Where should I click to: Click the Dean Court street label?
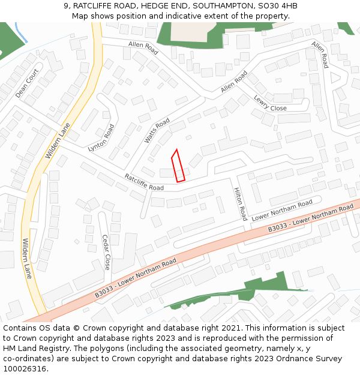27,83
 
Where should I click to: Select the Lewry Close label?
270,103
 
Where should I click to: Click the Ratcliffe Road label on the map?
144,182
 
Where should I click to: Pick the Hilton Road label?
240,204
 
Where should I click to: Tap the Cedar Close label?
106,252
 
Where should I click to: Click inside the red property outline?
178,167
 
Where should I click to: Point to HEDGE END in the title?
165,6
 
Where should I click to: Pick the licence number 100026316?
25,368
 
